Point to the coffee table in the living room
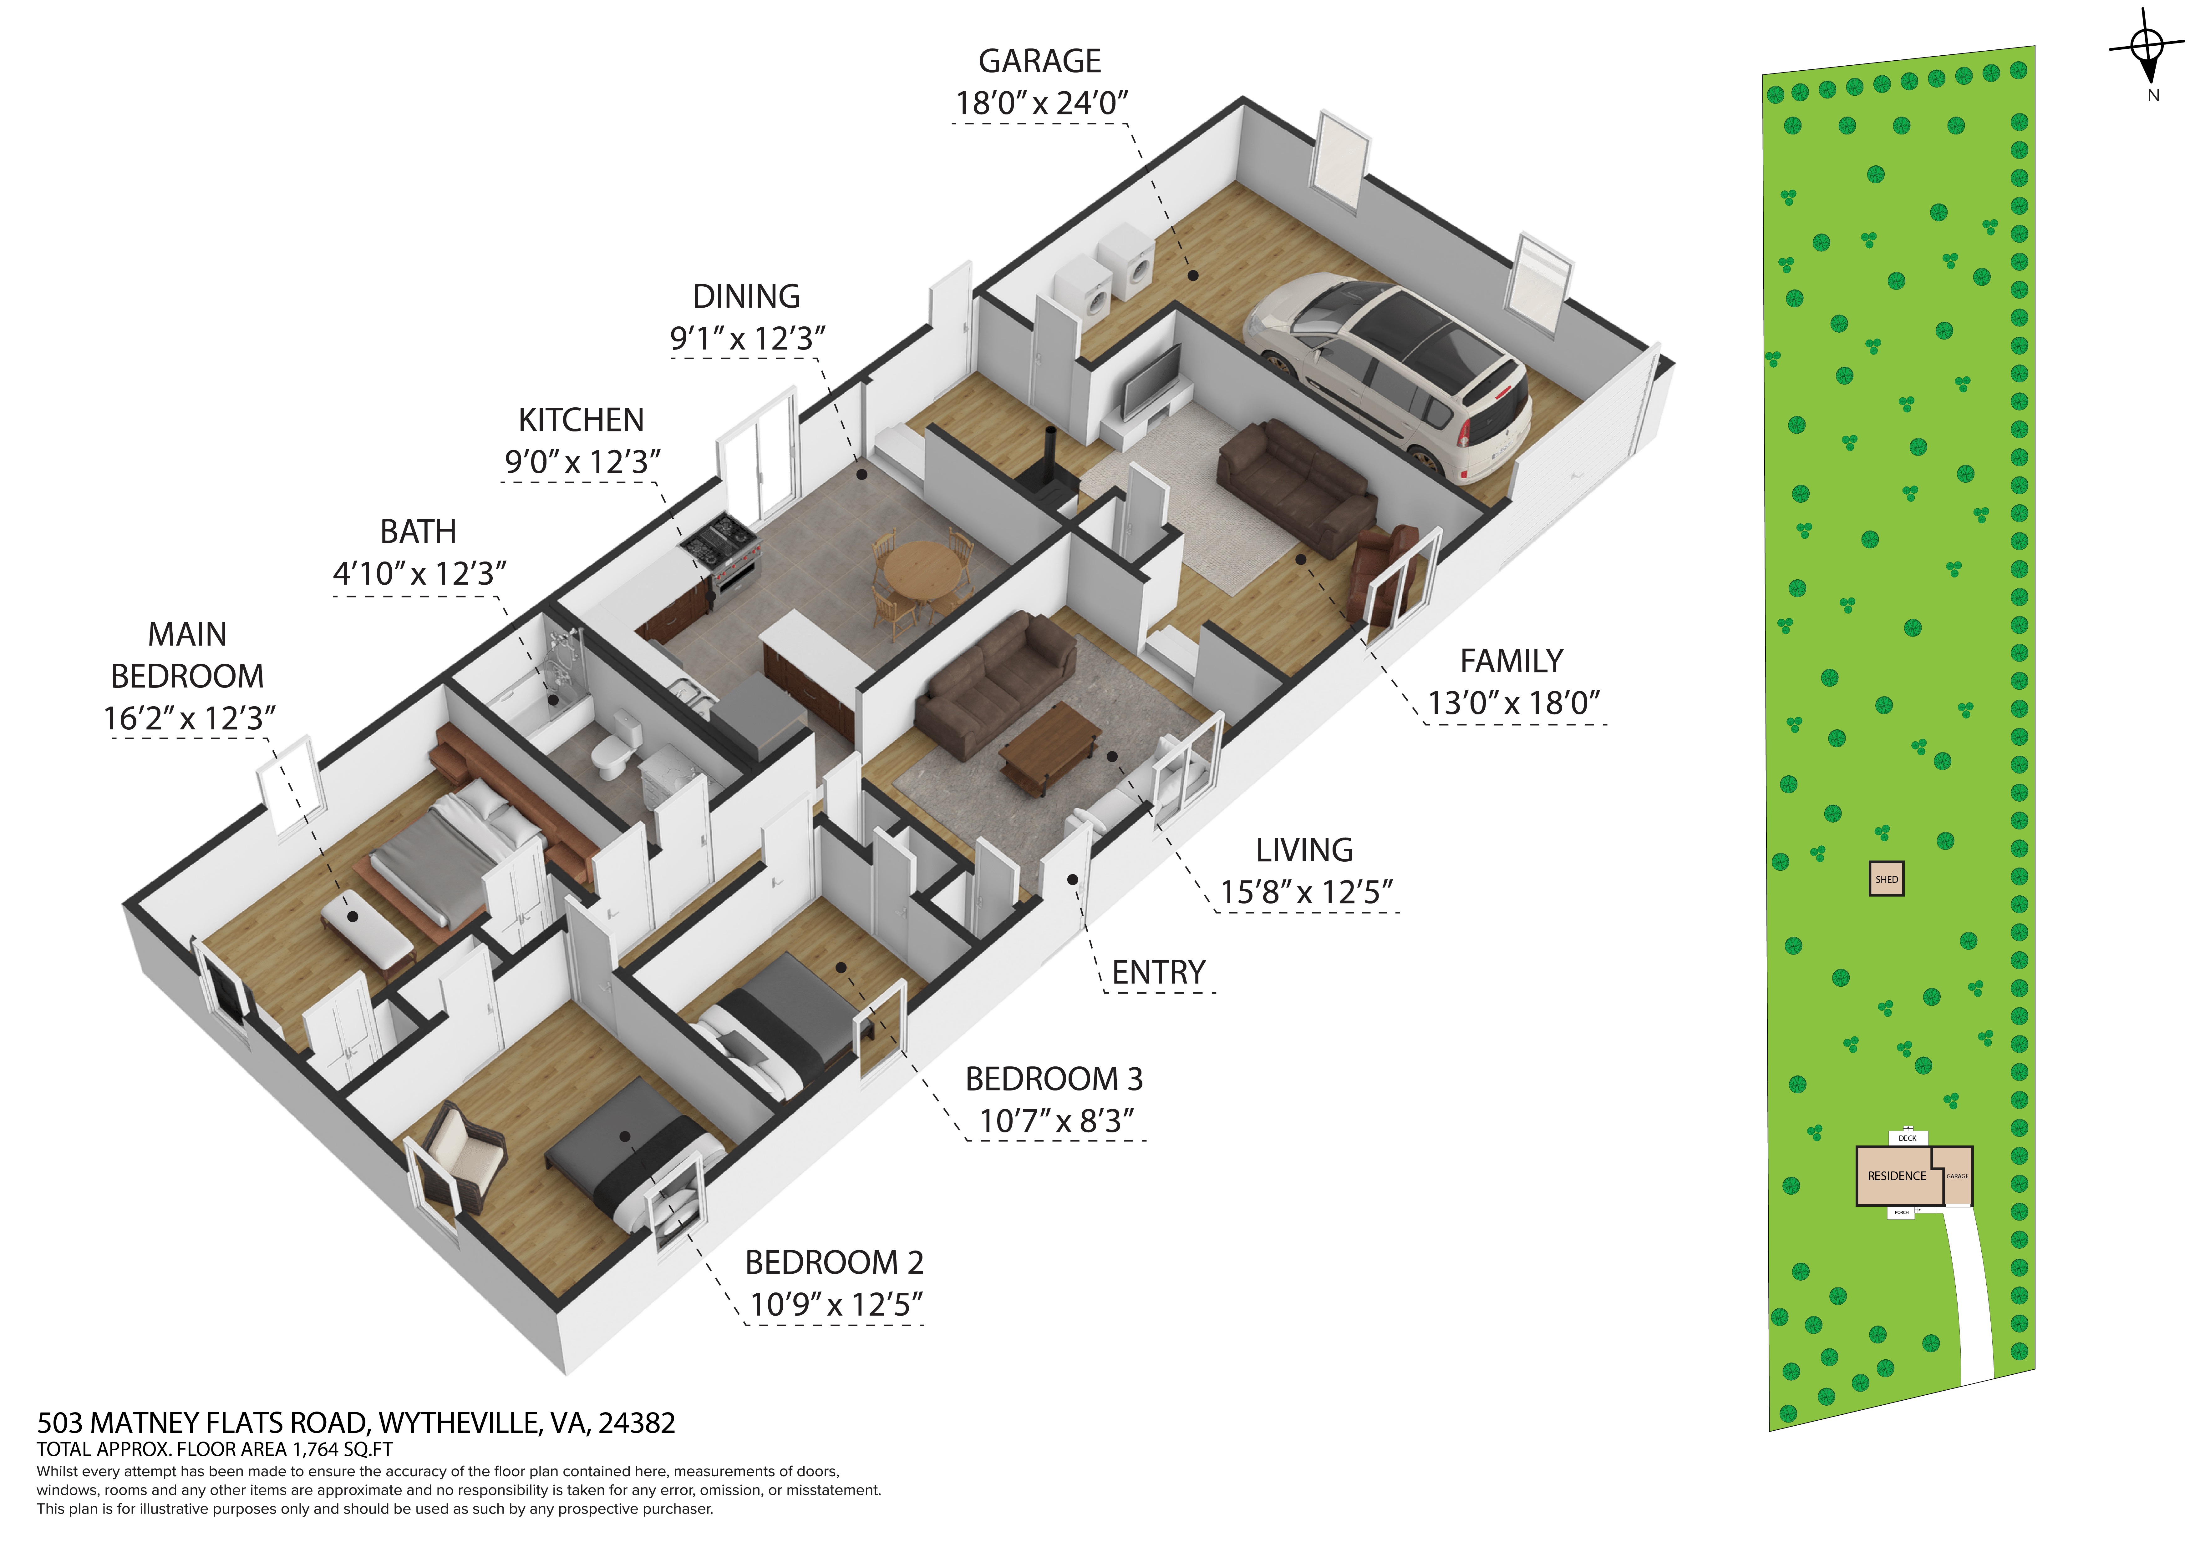[1050, 747]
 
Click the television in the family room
[1151, 382]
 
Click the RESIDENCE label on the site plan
[1897, 1176]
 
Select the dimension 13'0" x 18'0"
[1513, 703]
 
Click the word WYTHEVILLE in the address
[459, 1424]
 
